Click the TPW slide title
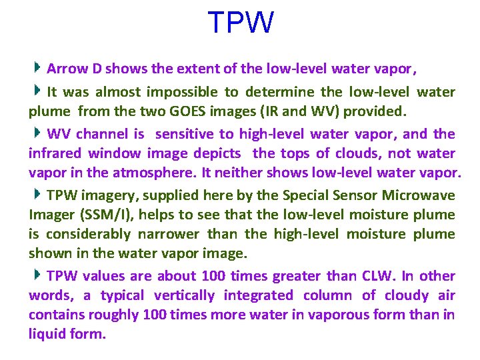click(240, 23)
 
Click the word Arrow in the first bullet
click(65, 68)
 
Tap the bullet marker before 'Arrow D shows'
click(39, 67)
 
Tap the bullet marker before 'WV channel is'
click(39, 133)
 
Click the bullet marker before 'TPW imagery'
click(39, 195)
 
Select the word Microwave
click(423, 196)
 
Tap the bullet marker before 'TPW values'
click(39, 275)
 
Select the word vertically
click(185, 295)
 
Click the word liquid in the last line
click(46, 334)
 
